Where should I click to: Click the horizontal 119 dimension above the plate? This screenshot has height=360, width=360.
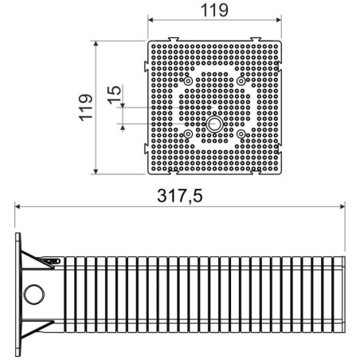(x=216, y=11)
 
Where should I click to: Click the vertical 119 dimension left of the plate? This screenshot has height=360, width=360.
(x=87, y=106)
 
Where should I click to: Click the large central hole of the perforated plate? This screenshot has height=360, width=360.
(x=214, y=124)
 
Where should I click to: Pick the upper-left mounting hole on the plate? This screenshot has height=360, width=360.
(x=187, y=81)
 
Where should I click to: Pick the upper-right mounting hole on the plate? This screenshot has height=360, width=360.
(x=241, y=81)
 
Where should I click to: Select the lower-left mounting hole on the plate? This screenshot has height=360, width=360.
(x=187, y=135)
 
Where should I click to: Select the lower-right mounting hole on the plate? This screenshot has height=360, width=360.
(x=241, y=135)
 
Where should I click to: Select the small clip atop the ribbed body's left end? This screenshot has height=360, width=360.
(x=52, y=259)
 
